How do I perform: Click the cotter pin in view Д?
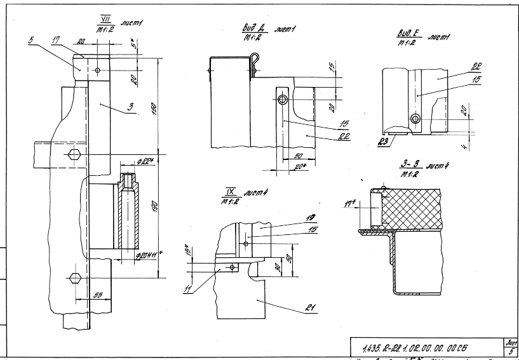tap(256, 62)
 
